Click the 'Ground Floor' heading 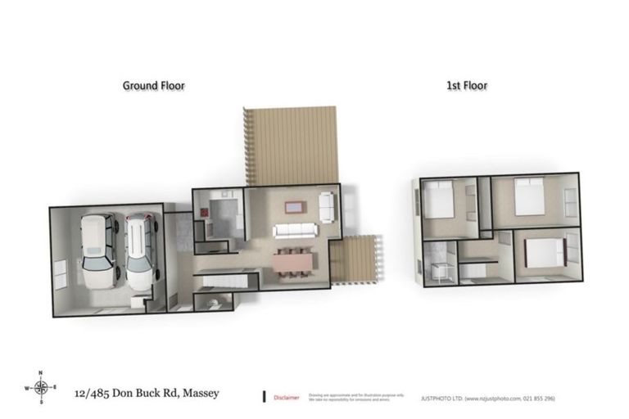[153, 85]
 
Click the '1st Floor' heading [468, 85]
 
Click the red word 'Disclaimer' [286, 397]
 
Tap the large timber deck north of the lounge [293, 146]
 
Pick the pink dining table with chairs [292, 261]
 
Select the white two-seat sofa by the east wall [327, 206]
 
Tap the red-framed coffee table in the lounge [293, 207]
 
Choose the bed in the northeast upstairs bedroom [530, 198]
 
